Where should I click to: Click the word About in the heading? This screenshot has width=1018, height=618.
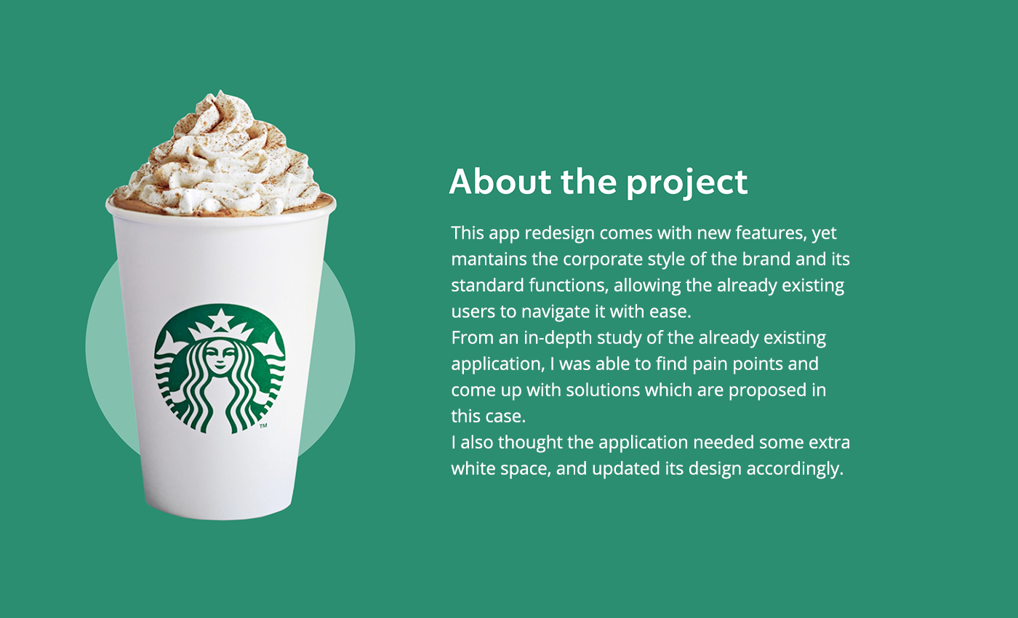pyautogui.click(x=500, y=182)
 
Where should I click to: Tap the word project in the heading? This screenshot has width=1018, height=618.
pyautogui.click(x=686, y=183)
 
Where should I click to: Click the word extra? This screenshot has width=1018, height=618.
pyautogui.click(x=830, y=443)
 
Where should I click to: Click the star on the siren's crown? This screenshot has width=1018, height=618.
pyautogui.click(x=221, y=319)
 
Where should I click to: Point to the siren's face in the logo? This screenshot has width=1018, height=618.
pyautogui.click(x=220, y=357)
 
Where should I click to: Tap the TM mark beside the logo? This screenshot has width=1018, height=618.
pyautogui.click(x=263, y=426)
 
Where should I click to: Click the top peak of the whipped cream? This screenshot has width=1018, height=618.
pyautogui.click(x=220, y=92)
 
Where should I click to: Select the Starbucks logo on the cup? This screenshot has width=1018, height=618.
pyautogui.click(x=220, y=369)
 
